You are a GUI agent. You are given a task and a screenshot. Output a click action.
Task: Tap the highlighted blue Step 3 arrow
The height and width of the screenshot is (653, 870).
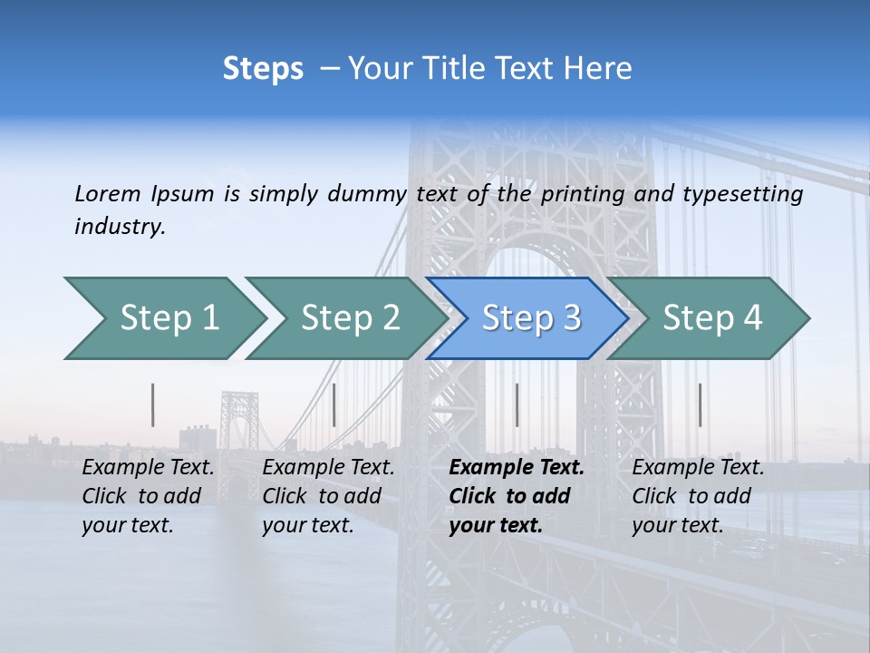click(x=530, y=318)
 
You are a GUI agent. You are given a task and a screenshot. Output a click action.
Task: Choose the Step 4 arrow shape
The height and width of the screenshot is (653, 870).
click(x=711, y=318)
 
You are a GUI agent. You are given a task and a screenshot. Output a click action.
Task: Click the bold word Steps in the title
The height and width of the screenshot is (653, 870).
click(x=263, y=69)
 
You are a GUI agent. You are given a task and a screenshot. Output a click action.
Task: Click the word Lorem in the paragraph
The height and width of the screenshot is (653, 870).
click(x=108, y=193)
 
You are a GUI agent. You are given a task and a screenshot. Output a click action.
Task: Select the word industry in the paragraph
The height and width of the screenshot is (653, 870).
click(x=120, y=227)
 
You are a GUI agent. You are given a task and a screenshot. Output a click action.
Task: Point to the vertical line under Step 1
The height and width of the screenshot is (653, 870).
click(x=153, y=404)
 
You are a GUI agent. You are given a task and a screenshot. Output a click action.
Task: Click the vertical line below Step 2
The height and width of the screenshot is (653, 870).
click(x=334, y=404)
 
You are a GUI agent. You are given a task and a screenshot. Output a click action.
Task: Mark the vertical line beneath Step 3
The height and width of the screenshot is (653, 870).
click(x=517, y=404)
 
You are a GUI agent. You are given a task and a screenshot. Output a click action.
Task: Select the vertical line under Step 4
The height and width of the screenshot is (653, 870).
click(x=700, y=404)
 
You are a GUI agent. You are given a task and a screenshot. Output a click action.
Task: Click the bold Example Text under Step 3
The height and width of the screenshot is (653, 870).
click(x=517, y=468)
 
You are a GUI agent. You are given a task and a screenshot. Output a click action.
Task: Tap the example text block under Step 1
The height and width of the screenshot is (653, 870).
click(x=148, y=496)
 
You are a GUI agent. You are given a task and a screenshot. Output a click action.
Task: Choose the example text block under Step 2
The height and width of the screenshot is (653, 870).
click(x=328, y=496)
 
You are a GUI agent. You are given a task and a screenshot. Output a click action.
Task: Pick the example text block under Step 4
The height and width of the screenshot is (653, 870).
click(x=698, y=496)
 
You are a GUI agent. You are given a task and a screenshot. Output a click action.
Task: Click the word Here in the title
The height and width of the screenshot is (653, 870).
click(x=596, y=69)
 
